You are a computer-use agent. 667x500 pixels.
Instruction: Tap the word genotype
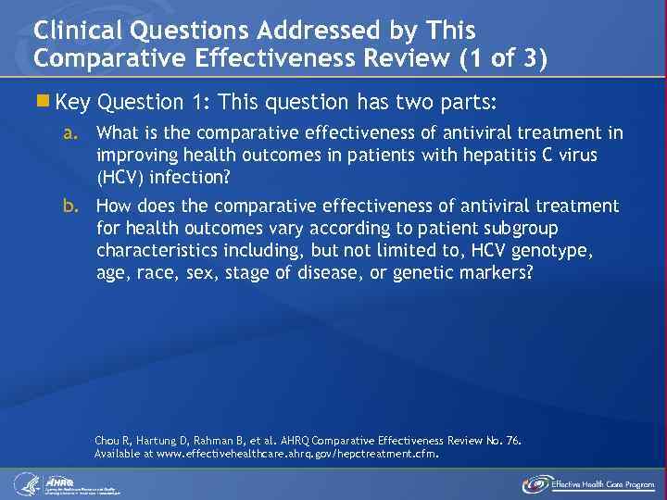click(556, 250)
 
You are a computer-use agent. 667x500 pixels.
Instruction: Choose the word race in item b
click(153, 272)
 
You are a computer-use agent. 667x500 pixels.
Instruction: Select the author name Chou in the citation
click(108, 441)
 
